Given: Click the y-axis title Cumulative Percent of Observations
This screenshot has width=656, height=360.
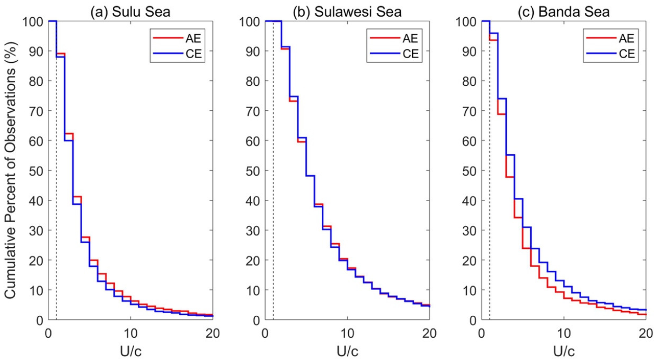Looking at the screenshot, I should (10, 170).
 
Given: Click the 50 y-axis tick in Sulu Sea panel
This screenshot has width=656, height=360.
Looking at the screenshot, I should (36, 170).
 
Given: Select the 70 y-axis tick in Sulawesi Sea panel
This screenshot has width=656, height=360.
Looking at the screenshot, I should (253, 111).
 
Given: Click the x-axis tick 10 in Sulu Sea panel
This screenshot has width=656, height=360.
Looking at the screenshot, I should (130, 332).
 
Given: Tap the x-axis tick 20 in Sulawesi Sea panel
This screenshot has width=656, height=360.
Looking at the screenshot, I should (429, 332).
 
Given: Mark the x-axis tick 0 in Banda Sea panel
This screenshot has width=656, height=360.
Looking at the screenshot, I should (481, 332).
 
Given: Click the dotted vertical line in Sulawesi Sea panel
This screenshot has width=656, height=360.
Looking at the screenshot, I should (273, 208).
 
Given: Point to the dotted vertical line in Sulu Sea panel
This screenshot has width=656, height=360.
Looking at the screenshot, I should (57, 208).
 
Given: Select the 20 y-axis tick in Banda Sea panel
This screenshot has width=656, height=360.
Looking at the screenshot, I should (469, 260).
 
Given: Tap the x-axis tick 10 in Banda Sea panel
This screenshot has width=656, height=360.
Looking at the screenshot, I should (563, 332).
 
